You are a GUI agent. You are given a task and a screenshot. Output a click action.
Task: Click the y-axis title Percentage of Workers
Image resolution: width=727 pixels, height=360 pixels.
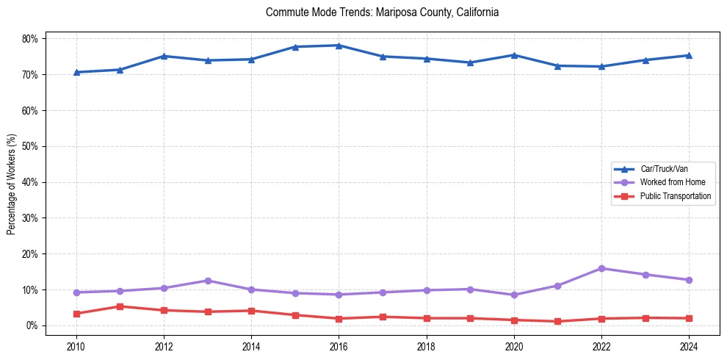pos(12,184)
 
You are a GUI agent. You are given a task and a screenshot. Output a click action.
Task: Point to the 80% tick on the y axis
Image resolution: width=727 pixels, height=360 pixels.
pos(32,38)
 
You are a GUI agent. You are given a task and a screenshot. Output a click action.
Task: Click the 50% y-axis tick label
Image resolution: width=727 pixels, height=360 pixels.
pos(32,146)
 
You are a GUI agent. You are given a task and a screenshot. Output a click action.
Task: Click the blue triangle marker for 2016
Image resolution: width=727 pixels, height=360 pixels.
pos(339,46)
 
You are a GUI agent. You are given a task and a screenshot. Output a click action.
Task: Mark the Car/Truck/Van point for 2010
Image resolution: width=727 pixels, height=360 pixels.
pos(76,72)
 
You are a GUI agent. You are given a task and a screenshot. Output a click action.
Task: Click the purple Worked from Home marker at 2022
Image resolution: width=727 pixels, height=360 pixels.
pos(601,268)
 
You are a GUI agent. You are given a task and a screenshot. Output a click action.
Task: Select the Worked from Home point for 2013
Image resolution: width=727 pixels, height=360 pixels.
pos(207,281)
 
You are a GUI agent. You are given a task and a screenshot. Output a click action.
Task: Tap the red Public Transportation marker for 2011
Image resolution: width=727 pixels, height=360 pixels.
pos(120,306)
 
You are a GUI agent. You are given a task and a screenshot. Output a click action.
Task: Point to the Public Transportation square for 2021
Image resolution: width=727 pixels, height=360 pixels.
pos(557,321)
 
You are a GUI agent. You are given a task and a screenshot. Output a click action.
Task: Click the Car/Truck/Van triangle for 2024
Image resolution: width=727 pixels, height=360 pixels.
pos(689,55)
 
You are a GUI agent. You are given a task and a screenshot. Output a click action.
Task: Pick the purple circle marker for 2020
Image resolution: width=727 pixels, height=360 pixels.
pos(514,295)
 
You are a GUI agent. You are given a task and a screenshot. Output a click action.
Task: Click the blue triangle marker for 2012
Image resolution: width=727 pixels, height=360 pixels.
pos(164,56)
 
